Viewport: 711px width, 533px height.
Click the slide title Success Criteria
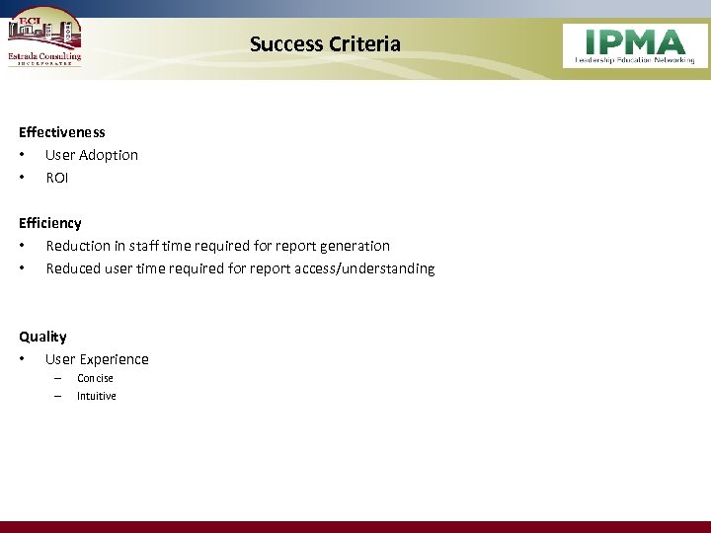[x=325, y=43]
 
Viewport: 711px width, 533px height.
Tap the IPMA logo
[x=635, y=45]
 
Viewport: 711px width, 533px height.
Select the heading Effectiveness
[x=61, y=132]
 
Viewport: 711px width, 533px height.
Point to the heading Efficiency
[x=50, y=223]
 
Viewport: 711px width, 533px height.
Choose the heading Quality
[x=42, y=337]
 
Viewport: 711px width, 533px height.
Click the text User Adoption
[x=92, y=155]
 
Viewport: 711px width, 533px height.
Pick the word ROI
[x=57, y=178]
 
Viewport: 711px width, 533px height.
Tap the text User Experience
[x=97, y=359]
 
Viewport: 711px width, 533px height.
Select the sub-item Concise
[x=95, y=378]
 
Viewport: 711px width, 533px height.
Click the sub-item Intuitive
[x=97, y=396]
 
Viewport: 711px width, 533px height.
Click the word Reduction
[x=79, y=246]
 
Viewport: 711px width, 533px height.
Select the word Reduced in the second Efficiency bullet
[x=74, y=268]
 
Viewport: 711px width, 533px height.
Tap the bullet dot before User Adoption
[x=22, y=155]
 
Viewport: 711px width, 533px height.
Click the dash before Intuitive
[x=57, y=396]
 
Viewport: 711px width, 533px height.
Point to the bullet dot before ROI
[x=22, y=178]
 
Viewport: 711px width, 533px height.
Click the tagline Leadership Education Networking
[x=635, y=60]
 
